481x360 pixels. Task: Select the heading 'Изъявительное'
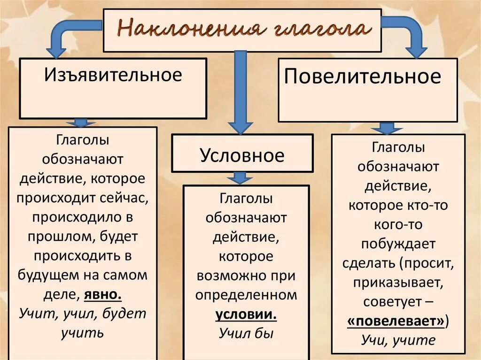(113, 75)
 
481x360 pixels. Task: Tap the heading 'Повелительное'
(363, 76)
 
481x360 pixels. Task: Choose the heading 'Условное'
(242, 155)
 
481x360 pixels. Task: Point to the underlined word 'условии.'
(246, 314)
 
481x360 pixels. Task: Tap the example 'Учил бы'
(246, 333)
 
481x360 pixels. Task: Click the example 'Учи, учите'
(398, 340)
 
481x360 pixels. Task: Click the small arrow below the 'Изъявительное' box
(81, 123)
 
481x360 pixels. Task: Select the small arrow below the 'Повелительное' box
(387, 128)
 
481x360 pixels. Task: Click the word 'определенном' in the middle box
(246, 295)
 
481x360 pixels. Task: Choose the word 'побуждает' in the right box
(398, 244)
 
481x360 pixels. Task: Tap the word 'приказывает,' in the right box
(398, 283)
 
